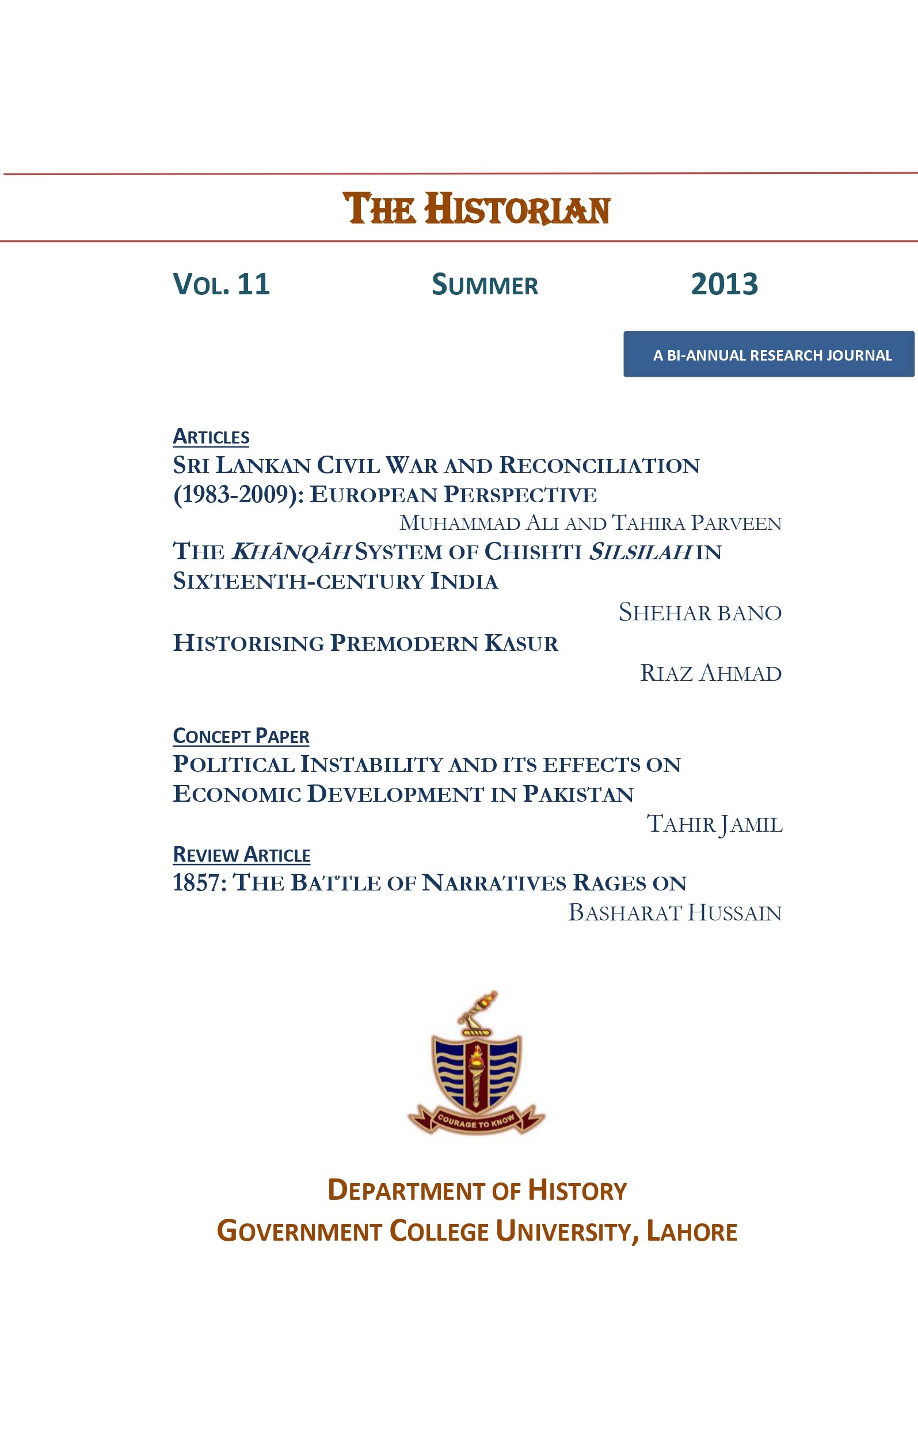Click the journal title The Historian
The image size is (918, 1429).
point(477,209)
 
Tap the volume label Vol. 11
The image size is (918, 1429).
point(221,284)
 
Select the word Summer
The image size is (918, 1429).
point(485,285)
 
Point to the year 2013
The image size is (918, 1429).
point(724,284)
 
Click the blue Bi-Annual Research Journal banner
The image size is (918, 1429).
point(768,354)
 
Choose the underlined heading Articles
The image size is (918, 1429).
point(211,437)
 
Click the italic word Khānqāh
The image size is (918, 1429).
point(290,552)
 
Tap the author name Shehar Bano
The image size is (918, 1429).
point(700,612)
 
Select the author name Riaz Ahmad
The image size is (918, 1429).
point(711,673)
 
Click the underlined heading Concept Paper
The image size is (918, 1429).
point(241,736)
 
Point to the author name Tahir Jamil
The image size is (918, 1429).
point(714,824)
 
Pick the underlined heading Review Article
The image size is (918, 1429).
point(241,855)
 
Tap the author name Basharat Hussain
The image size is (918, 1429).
point(674,912)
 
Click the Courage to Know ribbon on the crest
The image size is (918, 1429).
point(475,1121)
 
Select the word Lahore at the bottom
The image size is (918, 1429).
point(691,1231)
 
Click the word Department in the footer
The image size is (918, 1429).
point(405,1190)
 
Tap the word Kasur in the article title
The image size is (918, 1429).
point(521,643)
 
